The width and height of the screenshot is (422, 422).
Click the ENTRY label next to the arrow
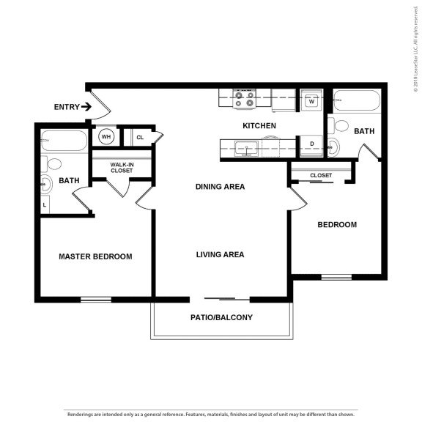(x=65, y=107)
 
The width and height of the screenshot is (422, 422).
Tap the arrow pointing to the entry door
(x=86, y=107)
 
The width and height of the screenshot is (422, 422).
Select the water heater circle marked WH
(x=106, y=136)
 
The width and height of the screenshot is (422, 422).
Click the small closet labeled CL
(x=140, y=137)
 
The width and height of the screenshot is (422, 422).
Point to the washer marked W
(x=311, y=101)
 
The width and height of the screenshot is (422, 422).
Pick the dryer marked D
(x=311, y=144)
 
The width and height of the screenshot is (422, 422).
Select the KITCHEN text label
(x=259, y=126)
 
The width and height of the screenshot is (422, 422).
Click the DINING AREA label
(x=220, y=187)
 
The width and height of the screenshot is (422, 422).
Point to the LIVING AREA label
(x=220, y=255)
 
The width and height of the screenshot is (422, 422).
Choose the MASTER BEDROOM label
(x=95, y=256)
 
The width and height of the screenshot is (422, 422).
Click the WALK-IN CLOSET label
(x=122, y=168)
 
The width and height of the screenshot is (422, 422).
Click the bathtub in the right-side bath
(x=357, y=100)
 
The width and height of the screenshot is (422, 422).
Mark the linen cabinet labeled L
(x=45, y=206)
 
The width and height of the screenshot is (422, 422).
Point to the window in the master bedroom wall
(x=96, y=299)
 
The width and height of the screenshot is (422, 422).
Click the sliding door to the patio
(x=220, y=299)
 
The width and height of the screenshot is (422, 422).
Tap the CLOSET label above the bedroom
(x=321, y=176)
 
